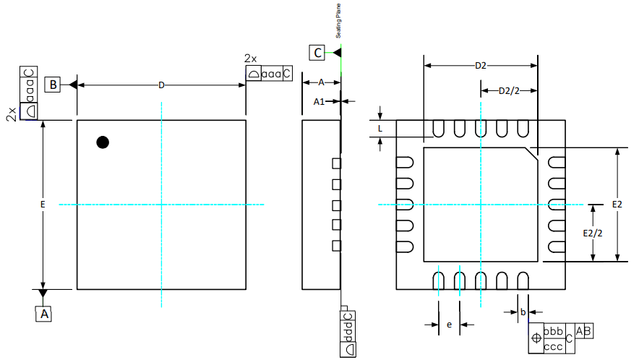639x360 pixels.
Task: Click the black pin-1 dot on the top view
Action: click(x=103, y=142)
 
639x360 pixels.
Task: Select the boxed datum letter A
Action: click(x=43, y=314)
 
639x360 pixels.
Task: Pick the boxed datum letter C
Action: click(x=317, y=52)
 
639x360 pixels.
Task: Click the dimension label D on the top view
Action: click(x=161, y=85)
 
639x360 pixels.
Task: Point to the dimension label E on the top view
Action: click(x=43, y=205)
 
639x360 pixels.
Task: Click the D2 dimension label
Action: click(x=480, y=66)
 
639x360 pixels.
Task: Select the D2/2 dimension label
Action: click(x=508, y=90)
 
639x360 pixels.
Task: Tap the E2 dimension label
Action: click(x=617, y=205)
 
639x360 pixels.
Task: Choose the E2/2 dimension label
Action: click(x=593, y=233)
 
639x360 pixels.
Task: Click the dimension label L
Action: click(x=380, y=128)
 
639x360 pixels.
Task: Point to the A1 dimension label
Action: click(x=319, y=102)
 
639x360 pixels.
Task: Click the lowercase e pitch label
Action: click(x=449, y=325)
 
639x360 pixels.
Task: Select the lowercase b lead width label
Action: click(x=523, y=312)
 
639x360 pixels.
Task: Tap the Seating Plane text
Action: click(x=338, y=21)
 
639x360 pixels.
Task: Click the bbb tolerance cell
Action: click(x=553, y=330)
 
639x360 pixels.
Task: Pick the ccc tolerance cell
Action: click(x=553, y=346)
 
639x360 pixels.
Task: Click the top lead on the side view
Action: click(x=335, y=163)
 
